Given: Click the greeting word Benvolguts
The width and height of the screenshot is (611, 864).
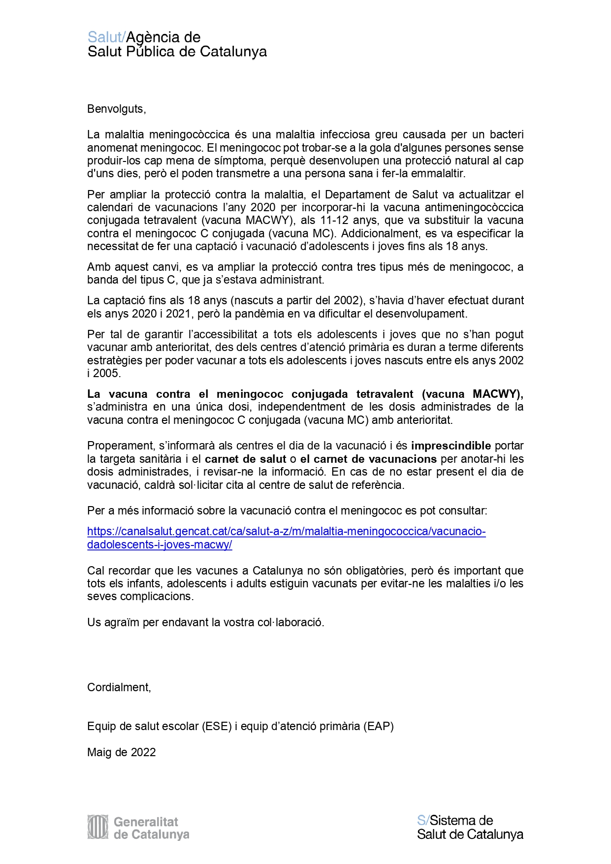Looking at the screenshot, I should pyautogui.click(x=116, y=109).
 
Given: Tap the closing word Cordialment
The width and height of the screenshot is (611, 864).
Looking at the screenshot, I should pyautogui.click(x=119, y=687).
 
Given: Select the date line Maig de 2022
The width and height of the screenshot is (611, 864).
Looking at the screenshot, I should pyautogui.click(x=121, y=752).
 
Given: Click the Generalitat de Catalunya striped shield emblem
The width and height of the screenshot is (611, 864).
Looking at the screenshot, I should pyautogui.click(x=97, y=827).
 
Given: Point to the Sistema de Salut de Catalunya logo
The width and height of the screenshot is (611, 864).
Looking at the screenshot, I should pyautogui.click(x=470, y=827).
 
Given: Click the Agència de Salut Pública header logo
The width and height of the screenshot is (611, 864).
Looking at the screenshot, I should pyautogui.click(x=177, y=44).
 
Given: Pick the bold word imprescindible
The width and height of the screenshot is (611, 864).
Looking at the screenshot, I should pyautogui.click(x=451, y=446).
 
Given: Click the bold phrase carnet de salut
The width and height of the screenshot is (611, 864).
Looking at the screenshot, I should pyautogui.click(x=245, y=459).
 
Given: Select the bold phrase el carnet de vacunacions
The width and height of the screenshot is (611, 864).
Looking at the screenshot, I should pyautogui.click(x=368, y=459).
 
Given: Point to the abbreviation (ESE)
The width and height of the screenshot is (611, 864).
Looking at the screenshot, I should pyautogui.click(x=217, y=726).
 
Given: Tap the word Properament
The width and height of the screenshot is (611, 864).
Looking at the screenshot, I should pyautogui.click(x=120, y=446).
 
